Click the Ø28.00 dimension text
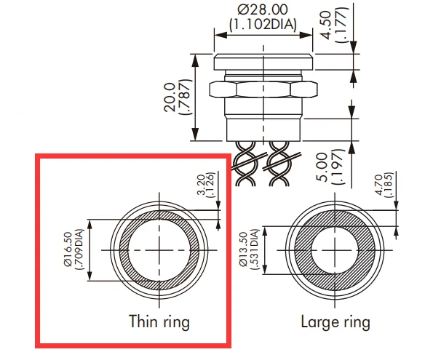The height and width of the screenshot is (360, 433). tap(262, 11)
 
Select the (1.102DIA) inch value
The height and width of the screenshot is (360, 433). tap(262, 25)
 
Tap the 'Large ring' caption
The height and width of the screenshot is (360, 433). tap(335, 321)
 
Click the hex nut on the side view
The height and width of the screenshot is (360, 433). tap(262, 90)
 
